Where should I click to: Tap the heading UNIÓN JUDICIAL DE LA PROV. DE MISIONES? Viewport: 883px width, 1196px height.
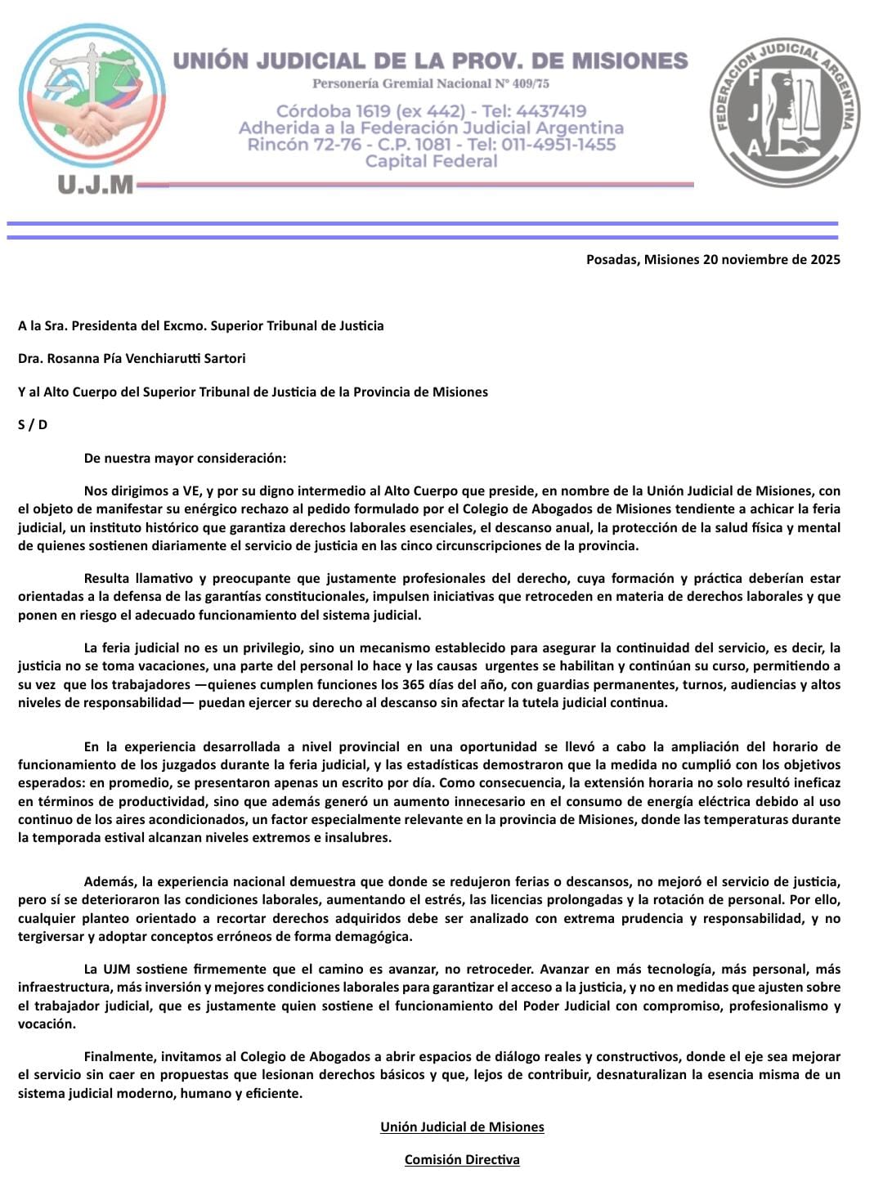pyautogui.click(x=431, y=60)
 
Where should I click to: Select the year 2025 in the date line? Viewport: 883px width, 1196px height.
pyautogui.click(x=825, y=260)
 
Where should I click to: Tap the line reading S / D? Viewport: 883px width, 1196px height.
pyautogui.click(x=33, y=425)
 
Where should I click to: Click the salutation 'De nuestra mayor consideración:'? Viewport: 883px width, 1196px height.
pyautogui.click(x=185, y=459)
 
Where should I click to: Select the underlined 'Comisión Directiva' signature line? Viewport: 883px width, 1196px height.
pyautogui.click(x=462, y=1159)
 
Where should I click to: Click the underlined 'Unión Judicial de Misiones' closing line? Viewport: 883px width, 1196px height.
pyautogui.click(x=462, y=1127)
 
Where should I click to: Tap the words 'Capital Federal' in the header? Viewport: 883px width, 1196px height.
pyautogui.click(x=431, y=162)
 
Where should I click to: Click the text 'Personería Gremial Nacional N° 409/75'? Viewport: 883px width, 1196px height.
pyautogui.click(x=431, y=84)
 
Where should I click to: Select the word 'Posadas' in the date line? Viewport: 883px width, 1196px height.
pyautogui.click(x=612, y=260)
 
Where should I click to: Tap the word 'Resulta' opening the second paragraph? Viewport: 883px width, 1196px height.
pyautogui.click(x=106, y=578)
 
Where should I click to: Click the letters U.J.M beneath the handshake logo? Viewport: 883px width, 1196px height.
pyautogui.click(x=95, y=186)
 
